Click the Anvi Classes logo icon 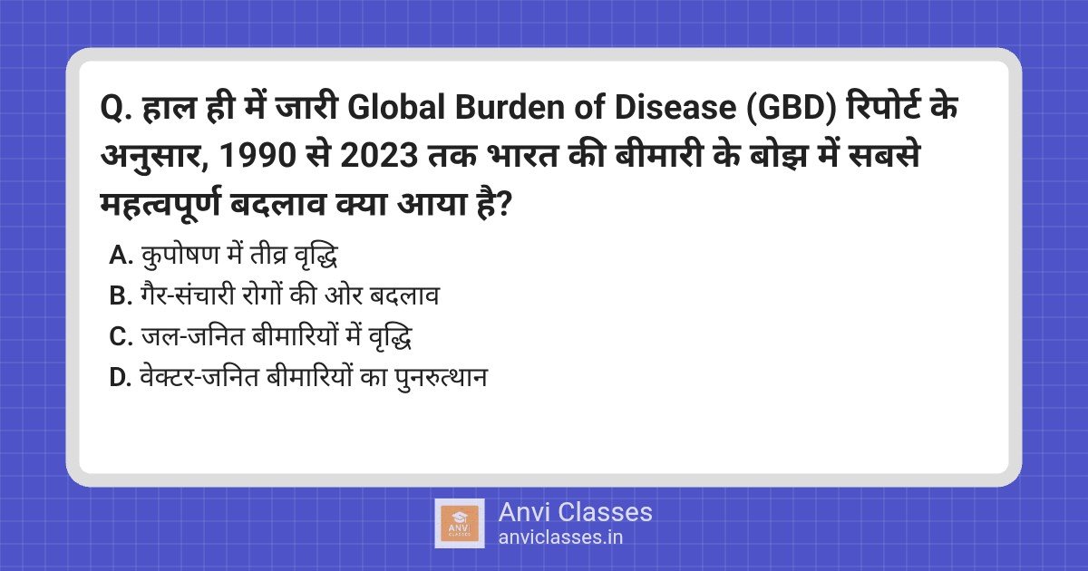point(459,523)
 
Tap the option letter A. point(121,256)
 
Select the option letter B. point(121,296)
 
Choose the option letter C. point(121,337)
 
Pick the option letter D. point(121,377)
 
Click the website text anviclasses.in point(560,537)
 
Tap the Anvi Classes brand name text point(575,512)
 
